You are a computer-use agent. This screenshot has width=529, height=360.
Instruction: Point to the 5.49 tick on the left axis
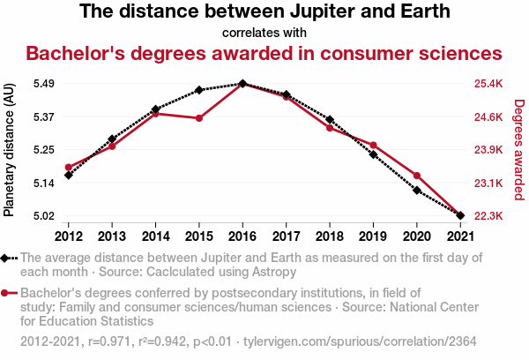pyautogui.click(x=43, y=84)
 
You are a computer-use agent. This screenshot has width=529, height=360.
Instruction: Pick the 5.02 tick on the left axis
pyautogui.click(x=43, y=215)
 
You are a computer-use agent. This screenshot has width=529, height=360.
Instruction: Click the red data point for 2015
pyautogui.click(x=199, y=118)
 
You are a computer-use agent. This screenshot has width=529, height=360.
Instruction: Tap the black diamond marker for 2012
pyautogui.click(x=68, y=175)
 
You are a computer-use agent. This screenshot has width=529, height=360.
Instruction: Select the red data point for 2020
pyautogui.click(x=416, y=176)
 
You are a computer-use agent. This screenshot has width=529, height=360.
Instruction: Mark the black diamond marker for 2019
pyautogui.click(x=373, y=155)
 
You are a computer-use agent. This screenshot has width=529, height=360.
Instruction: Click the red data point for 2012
pyautogui.click(x=68, y=167)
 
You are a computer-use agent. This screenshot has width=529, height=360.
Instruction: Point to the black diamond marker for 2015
pyautogui.click(x=199, y=90)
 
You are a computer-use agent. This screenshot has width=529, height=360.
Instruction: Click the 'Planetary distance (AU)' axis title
pyautogui.click(x=10, y=150)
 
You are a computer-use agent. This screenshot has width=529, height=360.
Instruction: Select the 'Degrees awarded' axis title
pyautogui.click(x=519, y=150)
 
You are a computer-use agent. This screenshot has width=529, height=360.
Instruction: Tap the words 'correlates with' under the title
pyautogui.click(x=264, y=33)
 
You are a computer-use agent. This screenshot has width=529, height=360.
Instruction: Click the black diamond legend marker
pyautogui.click(x=7, y=258)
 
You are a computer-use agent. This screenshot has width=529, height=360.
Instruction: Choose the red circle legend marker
pyautogui.click(x=7, y=292)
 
